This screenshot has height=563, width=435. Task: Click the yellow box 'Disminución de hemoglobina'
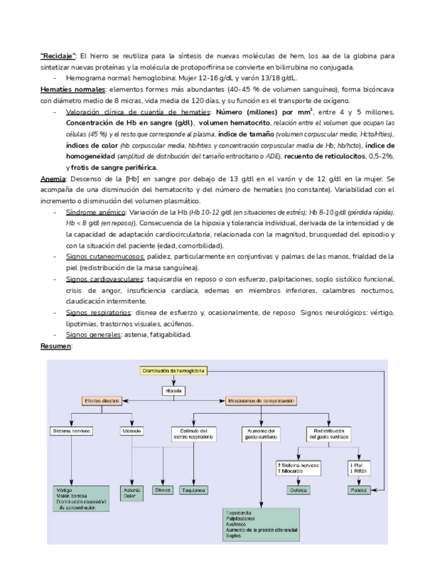[173, 370]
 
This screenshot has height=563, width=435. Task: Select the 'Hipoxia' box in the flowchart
[173, 390]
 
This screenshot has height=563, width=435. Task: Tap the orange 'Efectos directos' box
[102, 401]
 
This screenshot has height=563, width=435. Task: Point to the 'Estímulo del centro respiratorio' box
[193, 434]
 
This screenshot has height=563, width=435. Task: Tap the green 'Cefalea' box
[297, 490]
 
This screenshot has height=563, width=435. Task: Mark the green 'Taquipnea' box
[193, 490]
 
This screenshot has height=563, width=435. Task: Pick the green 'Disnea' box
[162, 490]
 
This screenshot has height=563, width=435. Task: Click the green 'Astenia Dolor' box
[130, 493]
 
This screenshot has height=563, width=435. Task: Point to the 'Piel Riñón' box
[359, 468]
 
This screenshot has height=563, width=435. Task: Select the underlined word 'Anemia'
[52, 179]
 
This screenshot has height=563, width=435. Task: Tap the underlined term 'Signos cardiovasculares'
[99, 279]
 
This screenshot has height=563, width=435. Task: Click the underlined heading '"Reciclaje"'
[58, 55]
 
